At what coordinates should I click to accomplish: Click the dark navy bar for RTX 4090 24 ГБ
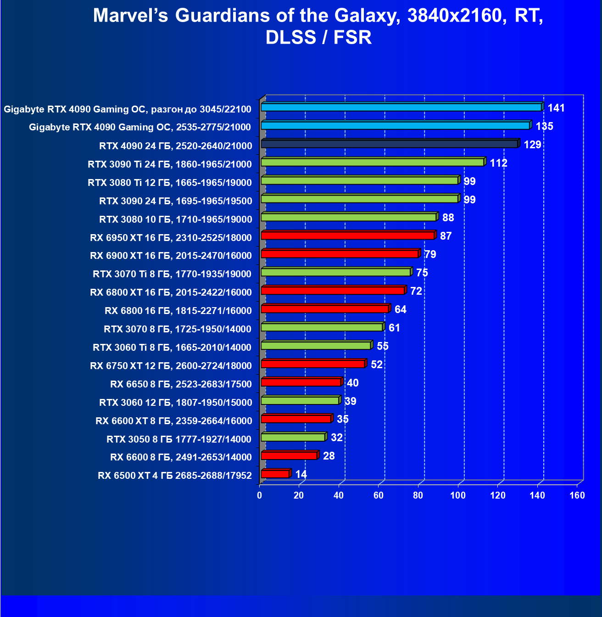[389, 144]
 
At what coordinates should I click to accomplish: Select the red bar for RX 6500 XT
[275, 474]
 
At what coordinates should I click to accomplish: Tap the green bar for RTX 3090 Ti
[372, 163]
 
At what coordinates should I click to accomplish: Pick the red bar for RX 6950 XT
[347, 236]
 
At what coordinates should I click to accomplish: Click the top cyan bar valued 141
[401, 107]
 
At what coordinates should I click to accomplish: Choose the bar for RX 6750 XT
[312, 364]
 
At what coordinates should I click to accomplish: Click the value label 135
[544, 126]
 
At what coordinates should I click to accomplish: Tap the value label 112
[498, 163]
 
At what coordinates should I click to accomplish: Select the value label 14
[301, 474]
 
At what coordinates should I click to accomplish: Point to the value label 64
[400, 309]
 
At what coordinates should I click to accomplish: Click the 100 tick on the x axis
[457, 495]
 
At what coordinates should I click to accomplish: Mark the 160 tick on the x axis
[577, 495]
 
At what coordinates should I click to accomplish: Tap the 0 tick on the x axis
[260, 495]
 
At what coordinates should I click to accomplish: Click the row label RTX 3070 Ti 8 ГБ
[172, 274]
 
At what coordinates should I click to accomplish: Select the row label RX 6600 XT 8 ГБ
[173, 421]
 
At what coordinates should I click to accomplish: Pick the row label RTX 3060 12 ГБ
[175, 403]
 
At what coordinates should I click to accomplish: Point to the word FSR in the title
[352, 38]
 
